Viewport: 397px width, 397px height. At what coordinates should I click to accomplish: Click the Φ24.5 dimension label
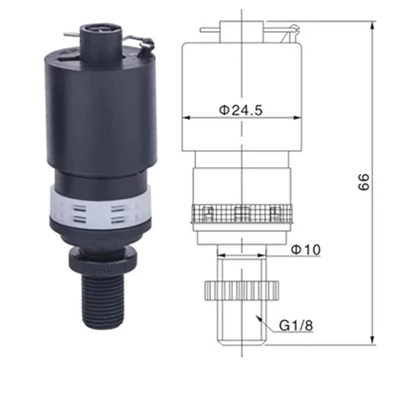click(x=241, y=110)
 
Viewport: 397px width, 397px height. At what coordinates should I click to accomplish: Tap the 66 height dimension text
click(x=364, y=182)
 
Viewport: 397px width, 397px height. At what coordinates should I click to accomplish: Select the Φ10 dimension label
click(x=306, y=250)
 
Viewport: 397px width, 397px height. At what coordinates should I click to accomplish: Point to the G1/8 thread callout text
click(x=296, y=326)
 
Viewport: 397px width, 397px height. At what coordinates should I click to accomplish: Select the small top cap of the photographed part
click(x=101, y=43)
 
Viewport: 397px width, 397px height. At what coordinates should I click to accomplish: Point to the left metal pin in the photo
click(x=72, y=35)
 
